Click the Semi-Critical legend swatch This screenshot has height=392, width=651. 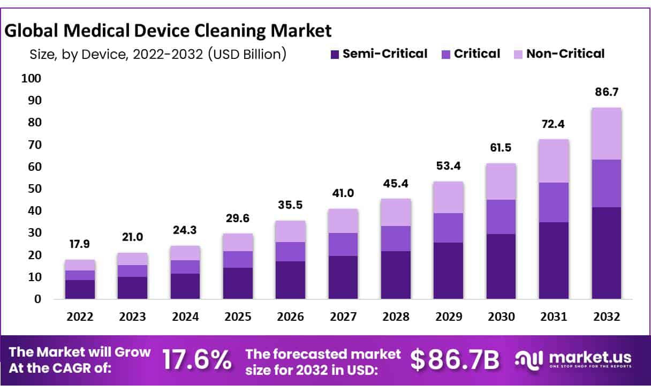[335, 55]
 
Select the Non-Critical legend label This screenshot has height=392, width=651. [565, 54]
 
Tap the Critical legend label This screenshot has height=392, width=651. [477, 54]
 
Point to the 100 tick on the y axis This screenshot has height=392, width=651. [31, 78]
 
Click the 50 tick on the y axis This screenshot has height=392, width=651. [35, 189]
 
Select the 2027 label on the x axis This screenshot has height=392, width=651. [343, 316]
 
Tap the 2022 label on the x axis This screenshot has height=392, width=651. [80, 316]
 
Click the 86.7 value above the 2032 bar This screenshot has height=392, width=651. [607, 92]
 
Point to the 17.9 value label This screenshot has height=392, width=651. [80, 244]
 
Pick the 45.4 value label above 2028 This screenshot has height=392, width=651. [396, 184]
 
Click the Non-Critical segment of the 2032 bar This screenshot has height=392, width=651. [607, 134]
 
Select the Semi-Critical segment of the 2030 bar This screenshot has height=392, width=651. [501, 266]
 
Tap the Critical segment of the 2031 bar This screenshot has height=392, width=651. [554, 202]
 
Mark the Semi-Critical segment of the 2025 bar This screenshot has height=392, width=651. [238, 283]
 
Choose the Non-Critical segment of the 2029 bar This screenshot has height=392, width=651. [449, 198]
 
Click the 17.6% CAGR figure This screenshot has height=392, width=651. [197, 360]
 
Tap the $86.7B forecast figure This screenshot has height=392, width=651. [455, 360]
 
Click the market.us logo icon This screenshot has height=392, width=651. [528, 360]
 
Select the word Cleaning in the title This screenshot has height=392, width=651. [230, 31]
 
